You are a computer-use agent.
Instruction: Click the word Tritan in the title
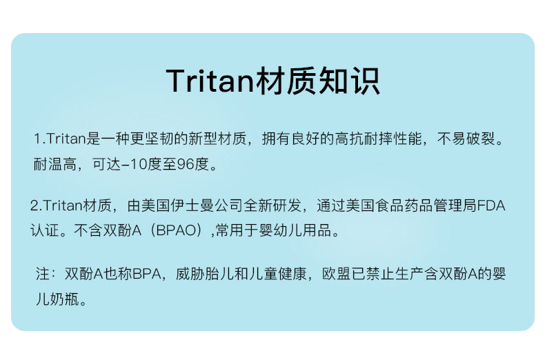coord(210,81)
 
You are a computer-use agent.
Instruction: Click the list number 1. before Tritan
coord(39,139)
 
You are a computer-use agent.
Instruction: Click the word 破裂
coord(480,139)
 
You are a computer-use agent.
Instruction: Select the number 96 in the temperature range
coord(186,164)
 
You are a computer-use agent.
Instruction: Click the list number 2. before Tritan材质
coord(36,206)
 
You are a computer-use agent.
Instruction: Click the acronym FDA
coord(491,206)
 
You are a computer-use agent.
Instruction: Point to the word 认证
coord(44,230)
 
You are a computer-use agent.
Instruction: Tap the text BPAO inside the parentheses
coord(177,230)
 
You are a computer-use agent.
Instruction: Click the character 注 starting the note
coord(43,274)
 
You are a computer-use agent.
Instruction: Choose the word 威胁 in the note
coord(190,274)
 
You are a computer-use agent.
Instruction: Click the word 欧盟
coord(336,274)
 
